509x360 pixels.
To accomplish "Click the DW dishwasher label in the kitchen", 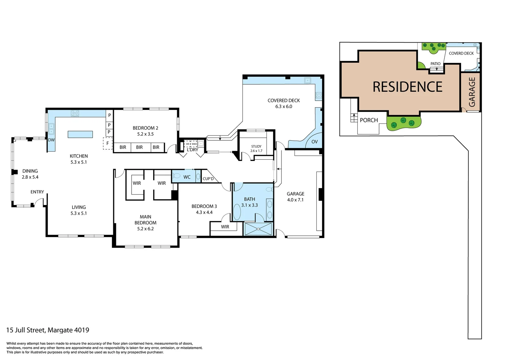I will click(51, 140).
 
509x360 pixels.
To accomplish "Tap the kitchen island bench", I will click(80, 134).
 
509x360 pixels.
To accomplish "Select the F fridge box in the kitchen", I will click(108, 144).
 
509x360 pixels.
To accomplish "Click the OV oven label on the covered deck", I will click(314, 142).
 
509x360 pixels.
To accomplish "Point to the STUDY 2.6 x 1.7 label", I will click(256, 149).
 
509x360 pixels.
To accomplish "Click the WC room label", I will click(187, 177).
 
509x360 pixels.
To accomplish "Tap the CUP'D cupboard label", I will click(208, 179).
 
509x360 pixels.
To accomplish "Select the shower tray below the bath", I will click(258, 229).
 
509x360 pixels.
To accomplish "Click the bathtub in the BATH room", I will click(237, 212).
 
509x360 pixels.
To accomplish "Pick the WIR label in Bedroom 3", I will click(225, 227).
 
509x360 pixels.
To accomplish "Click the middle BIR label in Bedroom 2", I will click(139, 147).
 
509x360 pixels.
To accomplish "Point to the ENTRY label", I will click(37, 192).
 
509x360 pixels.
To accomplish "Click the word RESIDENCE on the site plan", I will click(407, 87).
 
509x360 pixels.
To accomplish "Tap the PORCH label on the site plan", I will click(369, 120).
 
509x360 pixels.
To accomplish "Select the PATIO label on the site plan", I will click(435, 64).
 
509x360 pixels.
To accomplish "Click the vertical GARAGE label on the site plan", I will click(472, 92).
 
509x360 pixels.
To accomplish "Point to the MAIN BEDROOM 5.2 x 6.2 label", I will click(145, 223).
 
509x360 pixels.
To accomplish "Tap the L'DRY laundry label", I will click(192, 150).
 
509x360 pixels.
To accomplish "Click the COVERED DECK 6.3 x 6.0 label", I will click(283, 103).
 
